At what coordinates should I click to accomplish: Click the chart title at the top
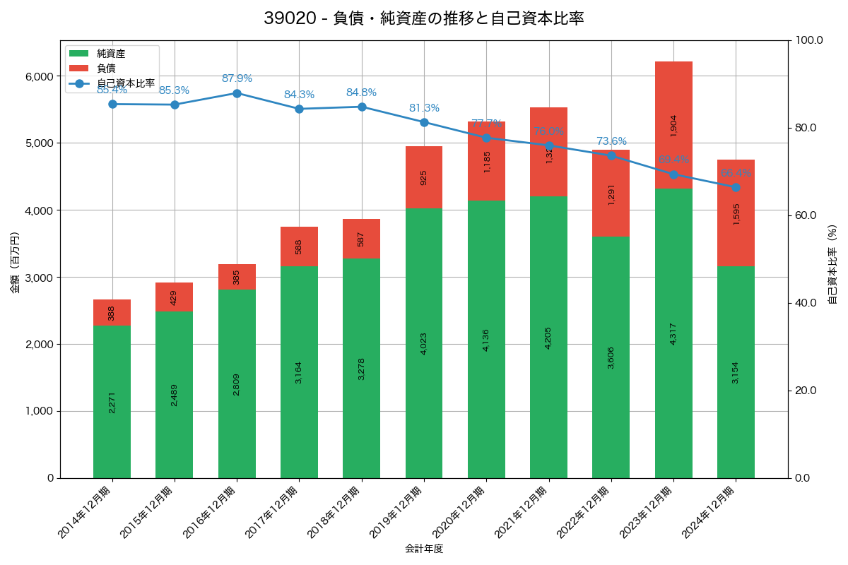pyautogui.click(x=424, y=18)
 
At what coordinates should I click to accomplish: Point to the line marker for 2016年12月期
pyautogui.click(x=237, y=93)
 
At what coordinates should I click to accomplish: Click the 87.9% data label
pyautogui.click(x=237, y=78)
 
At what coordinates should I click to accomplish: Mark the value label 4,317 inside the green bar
pyautogui.click(x=673, y=333)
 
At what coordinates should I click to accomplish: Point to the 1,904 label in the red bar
pyautogui.click(x=673, y=125)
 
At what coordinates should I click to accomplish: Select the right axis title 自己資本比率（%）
pyautogui.click(x=832, y=264)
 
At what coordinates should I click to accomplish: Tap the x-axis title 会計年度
pyautogui.click(x=424, y=549)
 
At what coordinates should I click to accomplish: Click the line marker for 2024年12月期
pyautogui.click(x=736, y=187)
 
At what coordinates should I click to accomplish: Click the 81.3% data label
pyautogui.click(x=424, y=108)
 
